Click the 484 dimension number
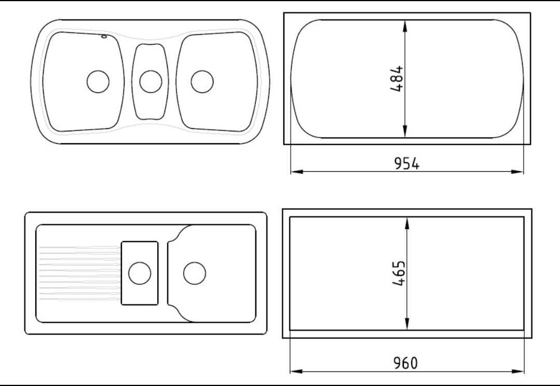(x=397, y=78)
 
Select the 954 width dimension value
(x=407, y=163)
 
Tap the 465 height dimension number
(x=399, y=273)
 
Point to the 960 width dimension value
(x=405, y=363)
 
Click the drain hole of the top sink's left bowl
(x=98, y=82)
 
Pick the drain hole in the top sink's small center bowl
(x=151, y=82)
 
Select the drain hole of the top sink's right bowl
(x=202, y=82)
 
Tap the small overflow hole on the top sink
(x=104, y=36)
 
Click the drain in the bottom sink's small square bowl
(x=139, y=273)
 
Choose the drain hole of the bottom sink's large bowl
(x=195, y=273)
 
